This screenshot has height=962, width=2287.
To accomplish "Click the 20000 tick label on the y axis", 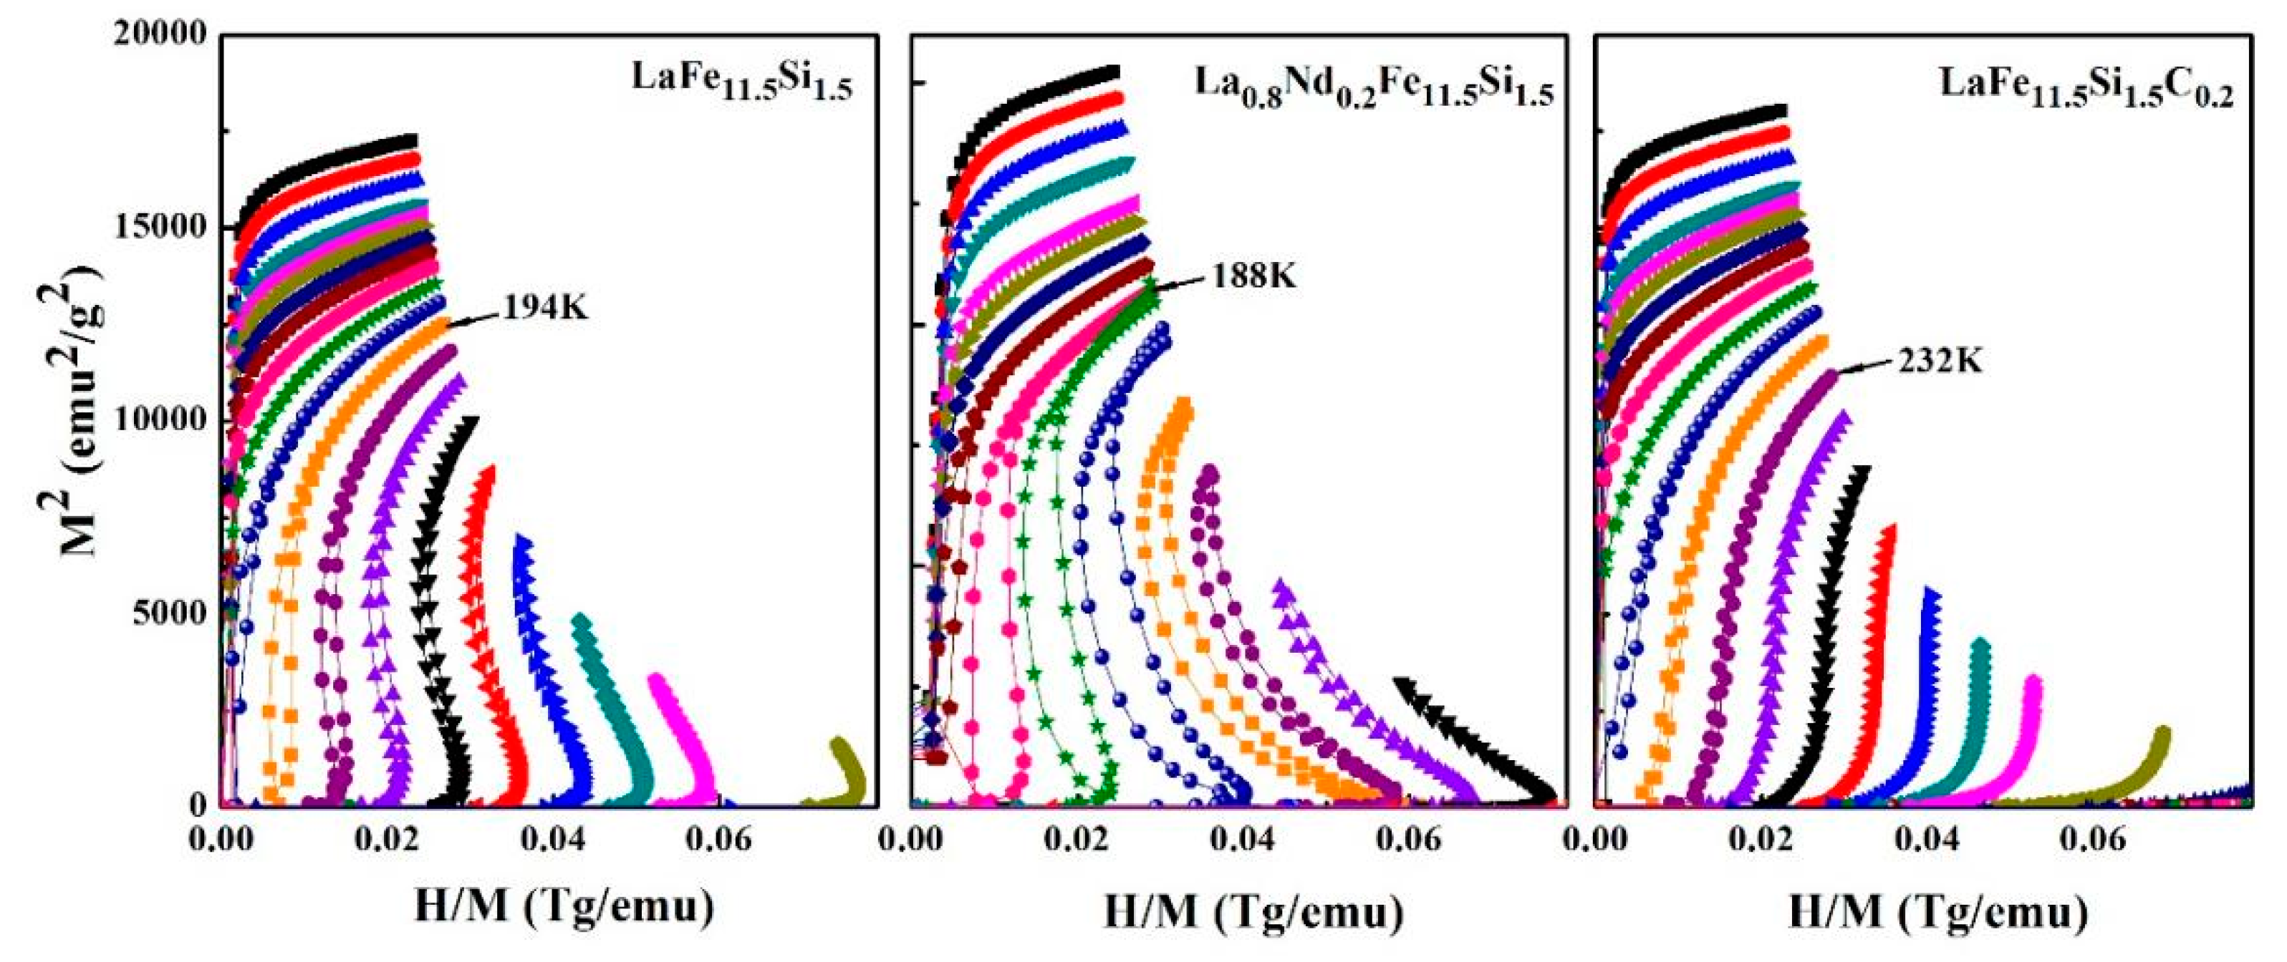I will pyautogui.click(x=160, y=34).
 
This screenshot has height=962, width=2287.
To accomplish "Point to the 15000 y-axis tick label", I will pyautogui.click(x=160, y=226).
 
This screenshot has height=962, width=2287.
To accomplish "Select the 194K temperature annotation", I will pyautogui.click(x=545, y=308).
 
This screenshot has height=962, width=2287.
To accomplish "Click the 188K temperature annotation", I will pyautogui.click(x=1253, y=276).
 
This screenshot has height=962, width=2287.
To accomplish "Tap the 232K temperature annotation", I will pyautogui.click(x=1941, y=361).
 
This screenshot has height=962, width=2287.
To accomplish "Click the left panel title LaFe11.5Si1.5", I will pyautogui.click(x=741, y=82).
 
